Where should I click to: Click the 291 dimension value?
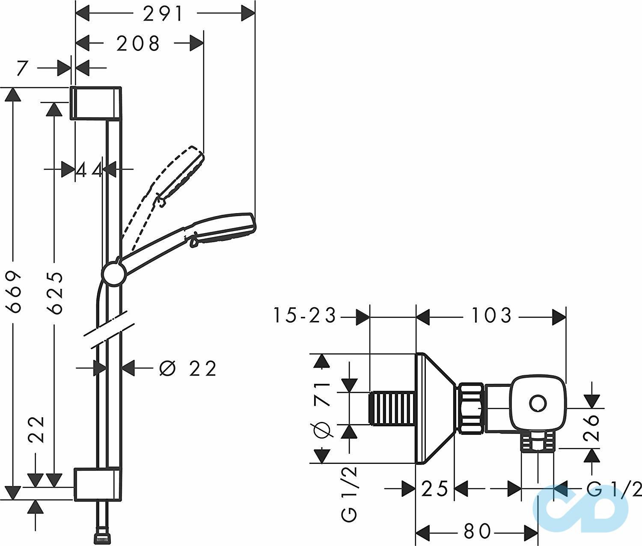pos(163,14)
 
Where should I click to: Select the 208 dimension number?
pos(138,44)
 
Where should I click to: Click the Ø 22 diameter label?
pos(187,369)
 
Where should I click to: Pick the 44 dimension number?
pos(89,170)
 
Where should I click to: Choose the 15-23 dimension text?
pos(305,316)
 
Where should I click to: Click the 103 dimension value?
pos(491,316)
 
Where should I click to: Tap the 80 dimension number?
pos(477,531)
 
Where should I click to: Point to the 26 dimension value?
pos(592,427)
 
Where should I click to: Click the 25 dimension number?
pos(434,489)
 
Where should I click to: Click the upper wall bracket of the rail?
pos(96,103)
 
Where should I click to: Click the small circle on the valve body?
pos(538,404)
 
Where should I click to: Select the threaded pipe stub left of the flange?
pos(392,408)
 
